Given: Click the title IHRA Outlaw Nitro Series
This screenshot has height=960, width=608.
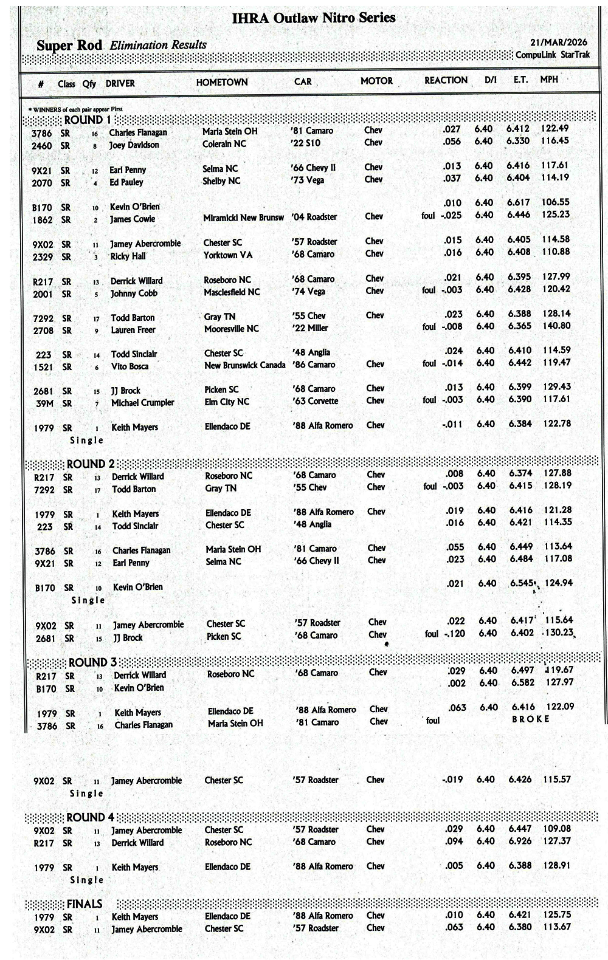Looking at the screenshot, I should coord(314,18).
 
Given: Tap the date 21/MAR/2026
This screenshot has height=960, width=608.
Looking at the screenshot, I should coord(559,43).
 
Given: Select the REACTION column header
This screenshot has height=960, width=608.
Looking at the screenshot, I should coord(446,80).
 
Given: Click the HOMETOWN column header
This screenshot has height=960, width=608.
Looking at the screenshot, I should coord(222,82).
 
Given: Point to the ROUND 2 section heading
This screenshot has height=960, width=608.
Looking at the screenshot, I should coord(90,464).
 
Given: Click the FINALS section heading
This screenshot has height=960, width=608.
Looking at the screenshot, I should coord(84,904).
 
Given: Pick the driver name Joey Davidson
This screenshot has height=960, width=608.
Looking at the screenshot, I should coord(134,145).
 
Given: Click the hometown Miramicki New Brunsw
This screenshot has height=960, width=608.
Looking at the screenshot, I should coord(243,218).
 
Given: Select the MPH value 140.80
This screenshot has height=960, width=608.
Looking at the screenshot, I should coord(556,326).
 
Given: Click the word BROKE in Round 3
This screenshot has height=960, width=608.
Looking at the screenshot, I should coord(531,719).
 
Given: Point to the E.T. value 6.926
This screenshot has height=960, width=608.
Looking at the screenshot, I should coord(520,841).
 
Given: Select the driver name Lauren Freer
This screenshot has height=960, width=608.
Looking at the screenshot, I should coord(133,330).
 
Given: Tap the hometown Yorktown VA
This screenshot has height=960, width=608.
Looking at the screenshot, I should coord(228,255).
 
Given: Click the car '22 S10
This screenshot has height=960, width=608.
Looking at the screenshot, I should coord(306,143).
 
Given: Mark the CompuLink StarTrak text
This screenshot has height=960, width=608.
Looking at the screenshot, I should coord(552,55).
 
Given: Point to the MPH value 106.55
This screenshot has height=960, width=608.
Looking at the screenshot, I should coord(556,202).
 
